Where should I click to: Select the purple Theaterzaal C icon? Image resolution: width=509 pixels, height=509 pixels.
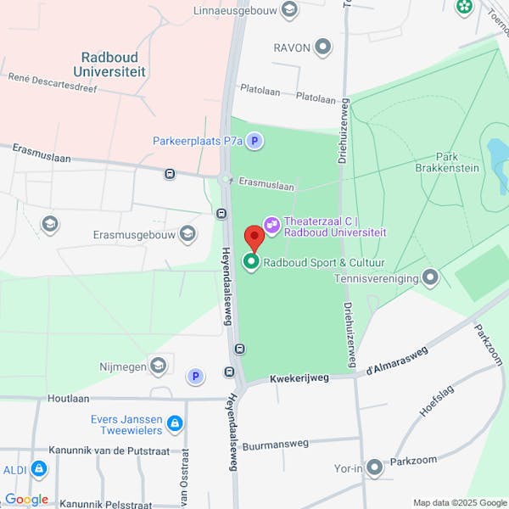point(272,225)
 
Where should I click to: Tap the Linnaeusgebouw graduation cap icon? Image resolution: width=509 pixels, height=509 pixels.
point(290,10)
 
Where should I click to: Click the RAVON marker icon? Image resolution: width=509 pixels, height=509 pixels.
point(323,47)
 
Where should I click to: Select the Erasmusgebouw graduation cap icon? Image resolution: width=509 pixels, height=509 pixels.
point(187,234)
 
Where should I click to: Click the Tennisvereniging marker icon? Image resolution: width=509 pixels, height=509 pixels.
point(431,277)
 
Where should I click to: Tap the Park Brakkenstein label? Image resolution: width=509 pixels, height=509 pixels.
point(457,162)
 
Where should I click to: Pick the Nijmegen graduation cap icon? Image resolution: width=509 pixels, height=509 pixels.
point(158,366)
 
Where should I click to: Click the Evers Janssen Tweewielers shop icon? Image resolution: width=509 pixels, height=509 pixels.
point(175,422)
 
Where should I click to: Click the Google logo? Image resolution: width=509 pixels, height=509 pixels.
point(26,499)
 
